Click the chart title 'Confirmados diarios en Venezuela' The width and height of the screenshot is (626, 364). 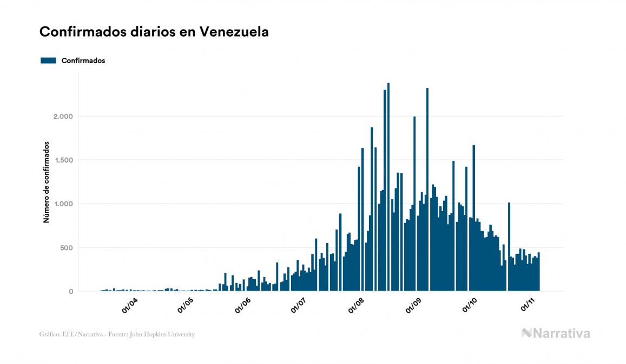154,32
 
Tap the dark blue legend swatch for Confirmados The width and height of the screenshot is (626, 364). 48,60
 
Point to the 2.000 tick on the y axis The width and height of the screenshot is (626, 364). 61,117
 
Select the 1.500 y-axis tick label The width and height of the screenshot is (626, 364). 61,160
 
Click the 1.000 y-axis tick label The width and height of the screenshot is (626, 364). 61,204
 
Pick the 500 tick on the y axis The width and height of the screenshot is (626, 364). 65,248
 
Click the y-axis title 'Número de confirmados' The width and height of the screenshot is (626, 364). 47,183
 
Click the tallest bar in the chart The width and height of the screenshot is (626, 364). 388,187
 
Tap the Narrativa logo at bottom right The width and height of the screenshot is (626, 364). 556,333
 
